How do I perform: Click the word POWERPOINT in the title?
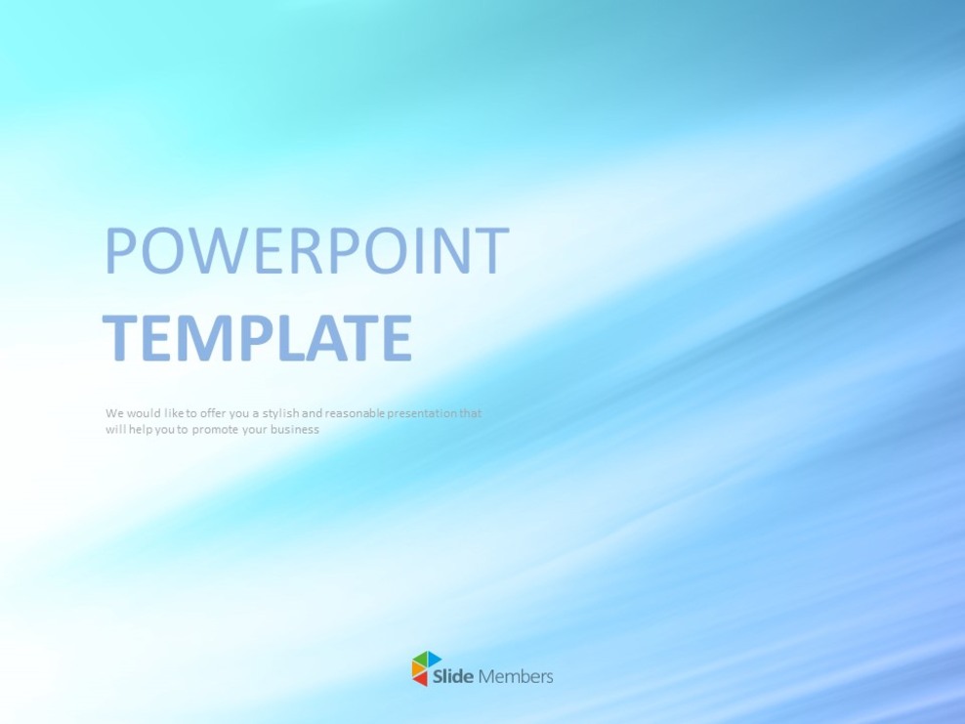click(x=306, y=251)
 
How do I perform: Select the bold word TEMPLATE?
click(x=257, y=338)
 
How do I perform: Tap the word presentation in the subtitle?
click(x=423, y=413)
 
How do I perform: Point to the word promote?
click(x=214, y=430)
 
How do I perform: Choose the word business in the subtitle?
click(x=296, y=430)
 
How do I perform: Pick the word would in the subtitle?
click(x=145, y=413)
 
